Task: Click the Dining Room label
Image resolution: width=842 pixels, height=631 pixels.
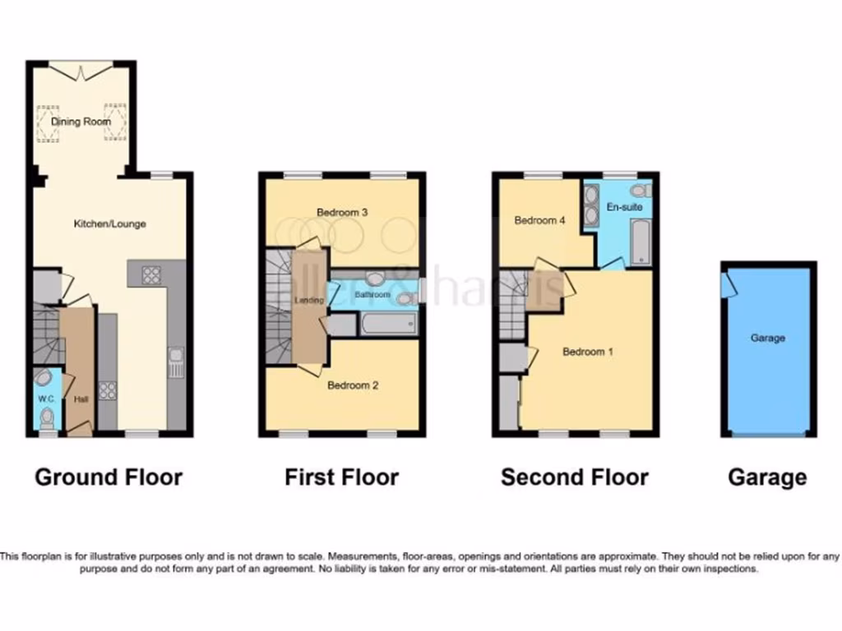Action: click(x=81, y=122)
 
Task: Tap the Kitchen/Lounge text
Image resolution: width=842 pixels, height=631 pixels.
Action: click(x=110, y=223)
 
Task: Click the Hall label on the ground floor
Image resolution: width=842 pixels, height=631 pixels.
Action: click(x=80, y=400)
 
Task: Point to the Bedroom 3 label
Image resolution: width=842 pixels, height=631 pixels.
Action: click(x=342, y=213)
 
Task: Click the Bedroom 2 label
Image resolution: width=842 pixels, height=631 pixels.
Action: click(x=353, y=385)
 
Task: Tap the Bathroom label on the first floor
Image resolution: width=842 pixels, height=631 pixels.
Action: click(x=372, y=293)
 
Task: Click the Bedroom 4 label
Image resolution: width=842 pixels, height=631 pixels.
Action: click(x=539, y=220)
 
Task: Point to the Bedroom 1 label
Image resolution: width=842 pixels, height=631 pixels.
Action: click(x=588, y=352)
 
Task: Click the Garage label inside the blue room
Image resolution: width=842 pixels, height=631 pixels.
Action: click(x=768, y=338)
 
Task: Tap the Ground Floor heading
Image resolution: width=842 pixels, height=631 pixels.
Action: click(x=109, y=477)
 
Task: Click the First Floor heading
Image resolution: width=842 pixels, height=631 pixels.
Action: click(x=342, y=477)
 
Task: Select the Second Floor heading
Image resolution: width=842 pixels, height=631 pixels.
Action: click(x=575, y=477)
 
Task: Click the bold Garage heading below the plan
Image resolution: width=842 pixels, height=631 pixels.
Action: click(x=768, y=477)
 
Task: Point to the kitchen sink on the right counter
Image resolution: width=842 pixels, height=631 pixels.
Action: click(x=175, y=362)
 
